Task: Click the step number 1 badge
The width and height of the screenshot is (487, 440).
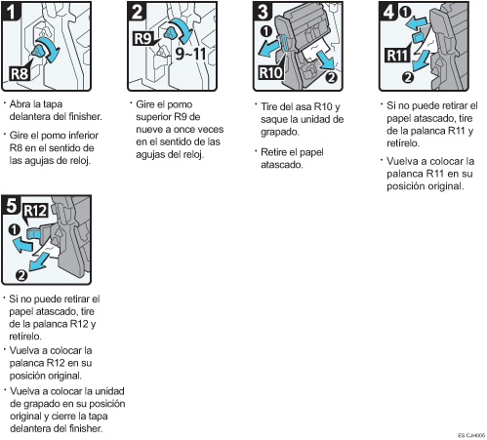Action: (12, 12)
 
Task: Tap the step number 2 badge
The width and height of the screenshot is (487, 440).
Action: (137, 12)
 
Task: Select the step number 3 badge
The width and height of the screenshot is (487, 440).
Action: (263, 11)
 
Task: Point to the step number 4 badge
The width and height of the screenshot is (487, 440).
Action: (388, 12)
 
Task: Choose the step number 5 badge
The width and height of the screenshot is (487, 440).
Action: (12, 205)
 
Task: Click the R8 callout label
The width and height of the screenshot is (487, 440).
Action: (20, 73)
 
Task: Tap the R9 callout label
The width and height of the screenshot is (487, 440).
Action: (143, 38)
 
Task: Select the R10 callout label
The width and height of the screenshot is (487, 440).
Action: (270, 72)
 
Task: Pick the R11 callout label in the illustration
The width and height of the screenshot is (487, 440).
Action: (397, 55)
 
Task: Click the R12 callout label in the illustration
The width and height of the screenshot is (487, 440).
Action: (36, 211)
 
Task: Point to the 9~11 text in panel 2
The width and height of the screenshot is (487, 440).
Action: (190, 54)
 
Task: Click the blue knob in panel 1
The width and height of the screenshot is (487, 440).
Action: (38, 51)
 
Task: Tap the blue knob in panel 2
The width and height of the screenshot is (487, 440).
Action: (171, 32)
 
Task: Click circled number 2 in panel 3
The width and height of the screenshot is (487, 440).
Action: (332, 77)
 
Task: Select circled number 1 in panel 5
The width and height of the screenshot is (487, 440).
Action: (15, 230)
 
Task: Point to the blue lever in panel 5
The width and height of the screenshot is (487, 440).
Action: (33, 233)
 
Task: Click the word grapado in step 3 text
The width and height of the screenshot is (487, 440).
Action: (279, 132)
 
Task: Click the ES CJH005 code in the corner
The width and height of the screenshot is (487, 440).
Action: (471, 435)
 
